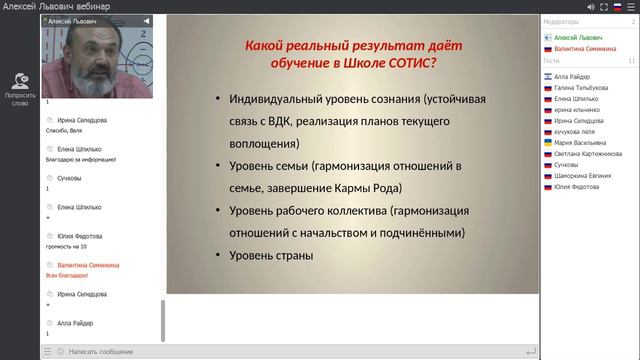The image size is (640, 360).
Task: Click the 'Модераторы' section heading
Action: click(561, 21)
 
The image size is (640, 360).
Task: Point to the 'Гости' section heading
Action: click(551, 61)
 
